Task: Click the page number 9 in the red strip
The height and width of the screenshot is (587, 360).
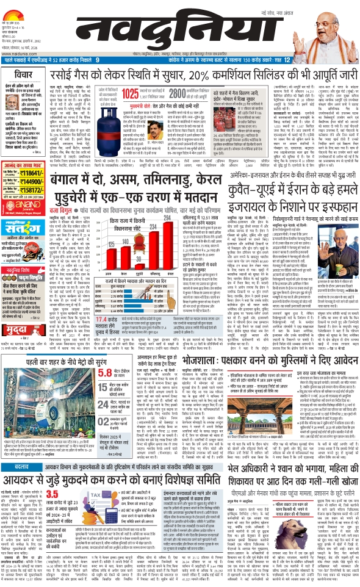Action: click(x=97, y=60)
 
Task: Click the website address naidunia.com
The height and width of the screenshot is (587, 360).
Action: click(x=16, y=52)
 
